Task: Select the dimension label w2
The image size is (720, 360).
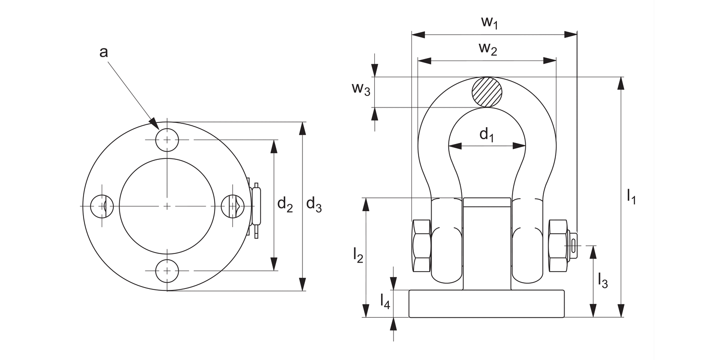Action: (488, 49)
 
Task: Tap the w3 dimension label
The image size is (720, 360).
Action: (360, 89)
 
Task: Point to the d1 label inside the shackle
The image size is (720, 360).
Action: (487, 135)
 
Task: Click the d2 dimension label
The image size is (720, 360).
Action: (285, 205)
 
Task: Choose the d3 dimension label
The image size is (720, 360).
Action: (314, 205)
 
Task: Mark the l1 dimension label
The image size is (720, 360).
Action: (631, 197)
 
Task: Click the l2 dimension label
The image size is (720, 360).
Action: (358, 255)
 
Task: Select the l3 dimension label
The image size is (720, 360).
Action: (603, 280)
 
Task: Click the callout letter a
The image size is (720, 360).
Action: (103, 52)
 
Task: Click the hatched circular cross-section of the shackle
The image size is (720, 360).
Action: (487, 92)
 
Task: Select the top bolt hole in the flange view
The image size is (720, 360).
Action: (167, 140)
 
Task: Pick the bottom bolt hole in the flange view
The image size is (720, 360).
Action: (167, 271)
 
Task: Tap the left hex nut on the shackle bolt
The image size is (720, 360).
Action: (421, 246)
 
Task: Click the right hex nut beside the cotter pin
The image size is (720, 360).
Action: (558, 246)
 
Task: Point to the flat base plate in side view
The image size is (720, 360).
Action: (487, 303)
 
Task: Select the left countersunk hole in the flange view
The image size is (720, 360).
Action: (102, 206)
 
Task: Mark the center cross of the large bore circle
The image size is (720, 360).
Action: (167, 206)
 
